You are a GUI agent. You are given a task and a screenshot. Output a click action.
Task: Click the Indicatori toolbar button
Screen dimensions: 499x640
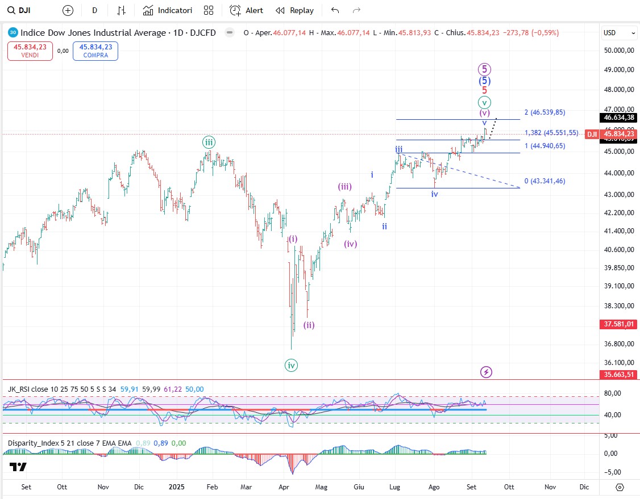coord(168,10)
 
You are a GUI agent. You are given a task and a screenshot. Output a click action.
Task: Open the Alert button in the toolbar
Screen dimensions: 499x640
coord(247,10)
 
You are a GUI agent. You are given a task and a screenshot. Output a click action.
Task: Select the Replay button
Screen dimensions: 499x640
coord(294,10)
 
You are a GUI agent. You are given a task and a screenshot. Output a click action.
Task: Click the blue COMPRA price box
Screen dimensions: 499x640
coord(95,51)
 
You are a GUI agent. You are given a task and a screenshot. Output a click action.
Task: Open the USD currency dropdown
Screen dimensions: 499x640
coord(619,33)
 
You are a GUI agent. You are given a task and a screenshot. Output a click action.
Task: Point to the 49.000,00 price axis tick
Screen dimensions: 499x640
coord(619,70)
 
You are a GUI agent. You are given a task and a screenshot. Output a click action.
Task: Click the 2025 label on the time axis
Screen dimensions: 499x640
coord(177,487)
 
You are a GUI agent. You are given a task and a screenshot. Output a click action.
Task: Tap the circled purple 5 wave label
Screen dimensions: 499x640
coord(484,69)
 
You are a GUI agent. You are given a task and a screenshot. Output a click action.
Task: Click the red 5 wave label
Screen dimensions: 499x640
coord(484,90)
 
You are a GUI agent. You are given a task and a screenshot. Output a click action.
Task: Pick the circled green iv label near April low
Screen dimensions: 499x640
coord(291,366)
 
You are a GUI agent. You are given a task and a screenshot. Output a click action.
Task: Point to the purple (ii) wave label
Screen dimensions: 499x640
coord(309,325)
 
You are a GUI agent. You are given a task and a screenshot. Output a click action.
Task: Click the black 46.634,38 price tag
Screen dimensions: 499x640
coord(619,118)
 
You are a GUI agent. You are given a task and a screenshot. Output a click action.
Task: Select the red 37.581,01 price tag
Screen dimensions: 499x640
coord(619,324)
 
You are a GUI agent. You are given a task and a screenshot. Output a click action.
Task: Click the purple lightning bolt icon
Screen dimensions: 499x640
coord(486,372)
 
